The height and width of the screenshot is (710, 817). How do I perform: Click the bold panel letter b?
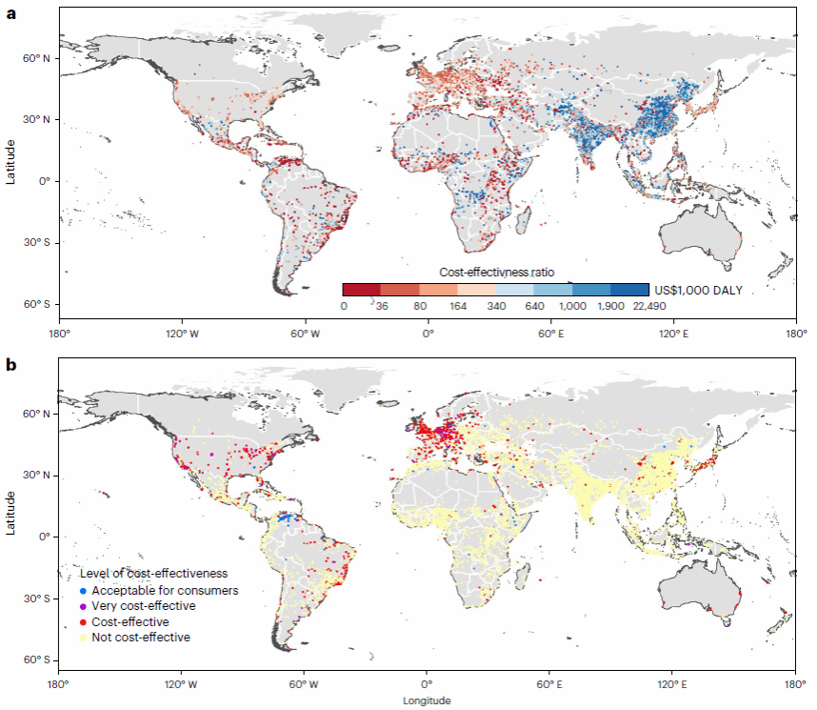coord(12,365)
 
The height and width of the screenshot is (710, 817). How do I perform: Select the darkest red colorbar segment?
coord(361,289)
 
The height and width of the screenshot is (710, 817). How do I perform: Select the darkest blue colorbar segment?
coord(630,289)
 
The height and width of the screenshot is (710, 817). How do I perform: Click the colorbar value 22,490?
coord(649,306)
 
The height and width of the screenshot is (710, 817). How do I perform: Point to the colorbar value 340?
coord(495,306)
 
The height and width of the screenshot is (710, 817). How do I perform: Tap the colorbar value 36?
coord(381,306)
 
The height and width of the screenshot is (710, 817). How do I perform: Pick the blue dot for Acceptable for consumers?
coord(84,590)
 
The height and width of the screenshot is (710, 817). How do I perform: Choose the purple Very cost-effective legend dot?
coord(84,606)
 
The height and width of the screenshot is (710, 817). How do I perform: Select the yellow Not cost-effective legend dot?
coord(84,638)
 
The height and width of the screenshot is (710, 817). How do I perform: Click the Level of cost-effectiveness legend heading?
coord(153,573)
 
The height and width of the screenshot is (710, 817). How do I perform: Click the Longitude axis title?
coord(427,700)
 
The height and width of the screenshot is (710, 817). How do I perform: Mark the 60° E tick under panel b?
coord(549,684)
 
